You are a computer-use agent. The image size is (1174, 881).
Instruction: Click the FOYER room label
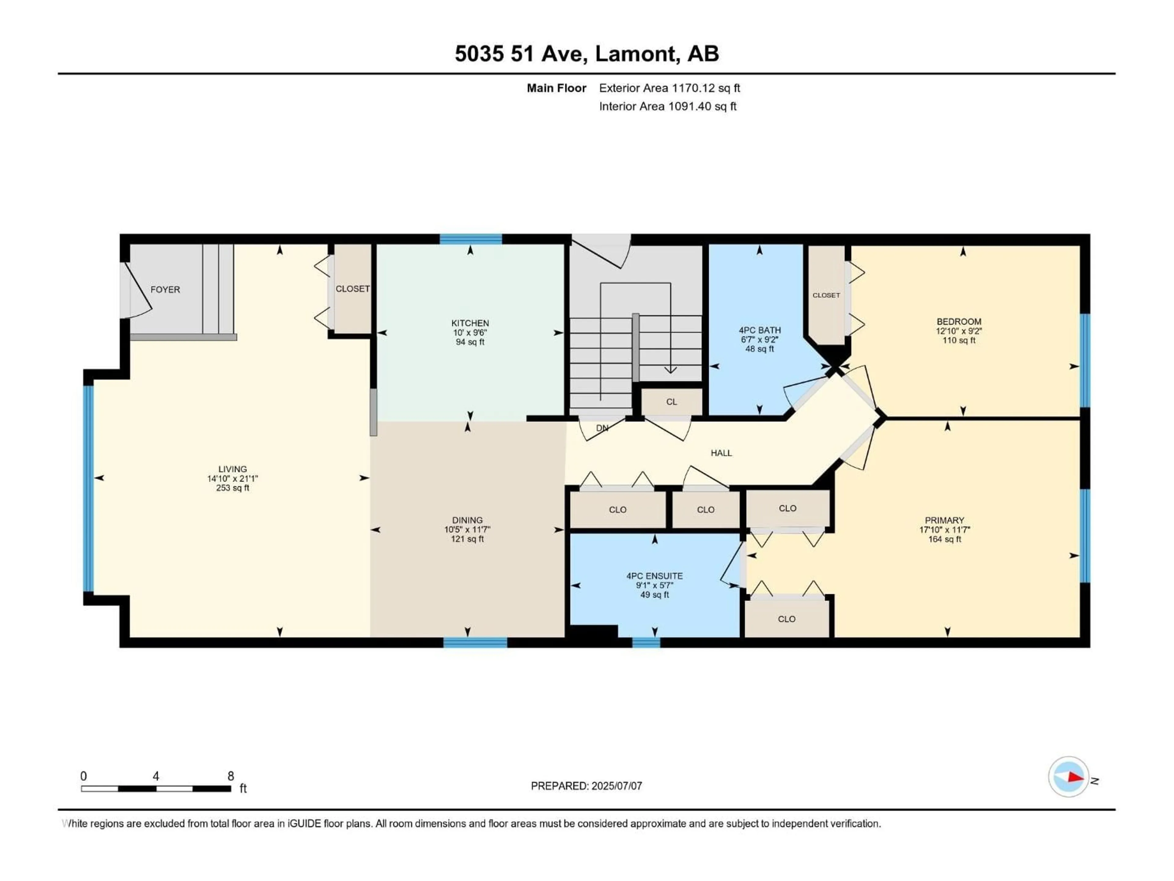point(165,289)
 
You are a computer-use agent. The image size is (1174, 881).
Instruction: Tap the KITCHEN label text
point(470,323)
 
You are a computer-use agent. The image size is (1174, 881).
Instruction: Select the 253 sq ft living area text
point(232,488)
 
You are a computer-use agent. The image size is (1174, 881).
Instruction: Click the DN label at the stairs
point(602,428)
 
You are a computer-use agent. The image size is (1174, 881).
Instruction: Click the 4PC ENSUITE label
point(654,576)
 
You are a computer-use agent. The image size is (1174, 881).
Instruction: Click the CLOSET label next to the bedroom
point(826,295)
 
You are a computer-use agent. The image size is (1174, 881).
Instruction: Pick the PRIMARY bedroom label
point(944,520)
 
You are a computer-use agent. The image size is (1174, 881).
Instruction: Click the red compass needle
point(1075,777)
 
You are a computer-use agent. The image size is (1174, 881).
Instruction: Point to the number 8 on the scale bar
point(231,776)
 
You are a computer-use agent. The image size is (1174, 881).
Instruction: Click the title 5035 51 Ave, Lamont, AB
point(586,54)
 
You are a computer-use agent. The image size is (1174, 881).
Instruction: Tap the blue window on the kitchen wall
point(470,239)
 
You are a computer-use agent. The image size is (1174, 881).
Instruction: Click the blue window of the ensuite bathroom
point(646,643)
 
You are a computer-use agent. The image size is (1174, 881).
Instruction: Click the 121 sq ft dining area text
point(467,539)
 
